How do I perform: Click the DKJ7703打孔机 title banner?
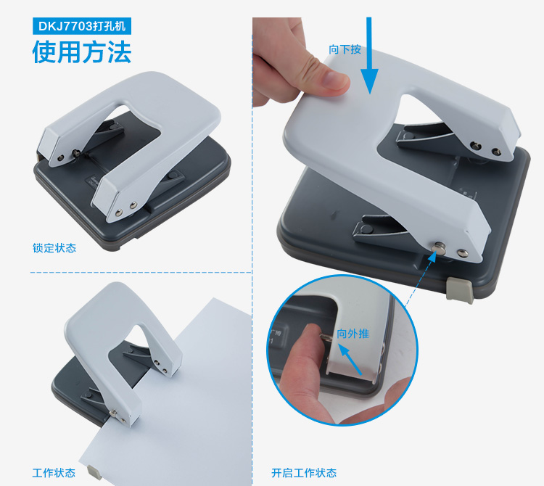(82, 26)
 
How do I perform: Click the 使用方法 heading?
(82, 52)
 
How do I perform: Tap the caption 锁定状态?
(54, 248)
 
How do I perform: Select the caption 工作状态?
(54, 473)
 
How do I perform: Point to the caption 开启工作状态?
(304, 473)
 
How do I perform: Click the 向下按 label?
(345, 49)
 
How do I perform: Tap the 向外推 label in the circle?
(353, 334)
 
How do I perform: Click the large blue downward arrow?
(369, 56)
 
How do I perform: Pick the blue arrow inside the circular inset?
(350, 359)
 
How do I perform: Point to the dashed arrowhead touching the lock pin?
(432, 256)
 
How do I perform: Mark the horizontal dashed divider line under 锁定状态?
(141, 272)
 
